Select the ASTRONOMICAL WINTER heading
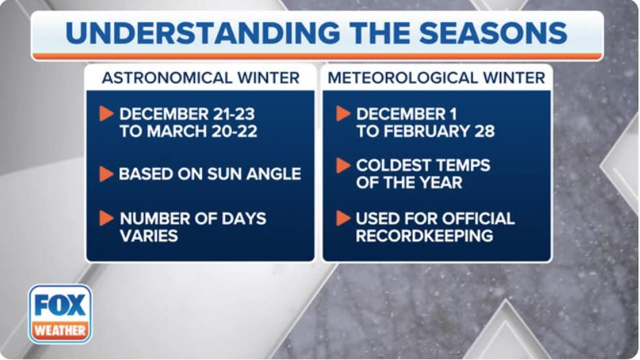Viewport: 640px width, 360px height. click(x=201, y=78)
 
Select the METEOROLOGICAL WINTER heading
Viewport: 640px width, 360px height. click(x=437, y=78)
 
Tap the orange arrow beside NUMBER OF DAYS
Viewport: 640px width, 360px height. click(x=106, y=218)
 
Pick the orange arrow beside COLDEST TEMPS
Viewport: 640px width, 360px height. click(x=343, y=166)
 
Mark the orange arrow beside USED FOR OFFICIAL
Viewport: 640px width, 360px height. click(x=343, y=218)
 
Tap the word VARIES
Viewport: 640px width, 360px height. click(x=149, y=236)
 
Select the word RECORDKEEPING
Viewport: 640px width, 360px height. click(x=424, y=236)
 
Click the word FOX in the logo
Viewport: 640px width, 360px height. click(x=60, y=304)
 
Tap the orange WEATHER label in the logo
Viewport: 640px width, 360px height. click(x=60, y=330)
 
